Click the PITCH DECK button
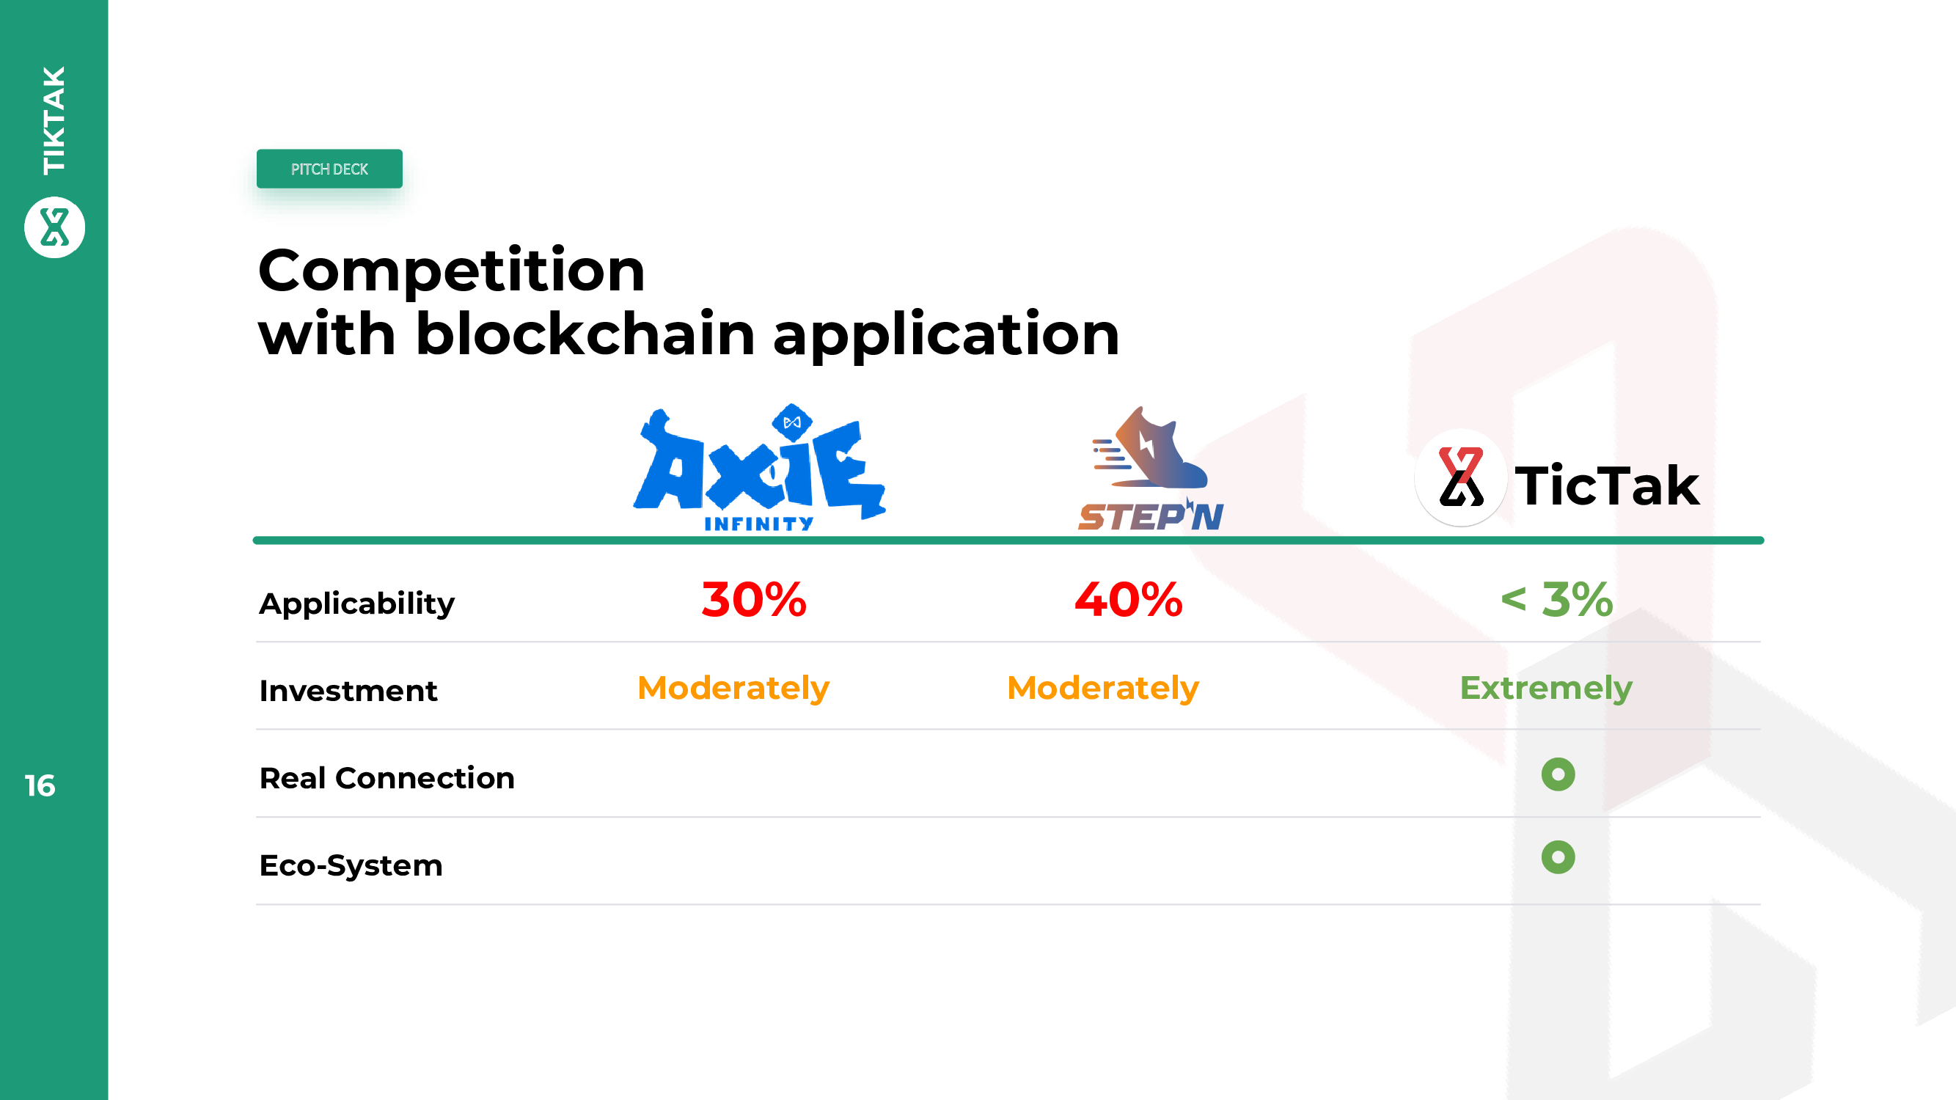(x=329, y=169)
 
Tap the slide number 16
(x=40, y=785)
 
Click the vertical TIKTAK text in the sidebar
(x=54, y=120)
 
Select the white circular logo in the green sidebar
(x=55, y=227)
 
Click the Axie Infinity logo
(x=759, y=467)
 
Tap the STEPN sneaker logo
(x=1151, y=468)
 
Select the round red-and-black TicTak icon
(x=1461, y=477)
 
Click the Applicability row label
(x=357, y=604)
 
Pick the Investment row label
(x=348, y=691)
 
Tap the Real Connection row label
(x=387, y=778)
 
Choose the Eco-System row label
(x=351, y=866)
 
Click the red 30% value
(x=754, y=600)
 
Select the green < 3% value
(x=1556, y=600)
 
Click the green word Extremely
(x=1546, y=689)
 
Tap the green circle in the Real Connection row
(x=1558, y=774)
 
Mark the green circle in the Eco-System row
(x=1558, y=857)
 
